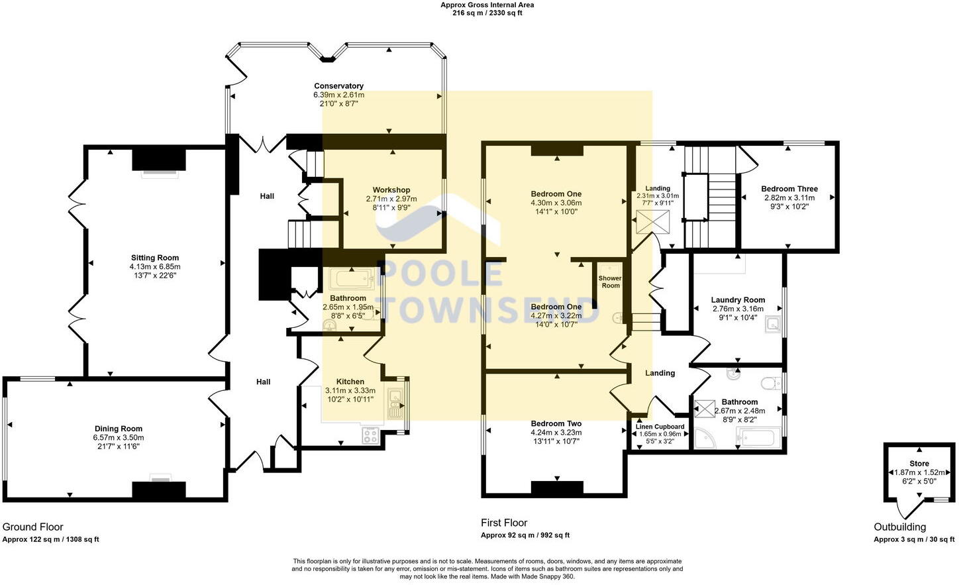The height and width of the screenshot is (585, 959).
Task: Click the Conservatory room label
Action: pyautogui.click(x=338, y=86)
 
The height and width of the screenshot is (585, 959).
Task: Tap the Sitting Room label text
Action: pyautogui.click(x=155, y=258)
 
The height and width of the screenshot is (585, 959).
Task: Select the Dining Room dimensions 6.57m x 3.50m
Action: pyautogui.click(x=119, y=438)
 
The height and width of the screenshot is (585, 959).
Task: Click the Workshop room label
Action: pyautogui.click(x=391, y=190)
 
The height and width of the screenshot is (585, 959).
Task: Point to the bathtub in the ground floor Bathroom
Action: pyautogui.click(x=351, y=279)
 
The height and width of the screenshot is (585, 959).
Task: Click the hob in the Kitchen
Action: pyautogui.click(x=370, y=435)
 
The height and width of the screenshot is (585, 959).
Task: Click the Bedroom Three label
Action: pyautogui.click(x=789, y=189)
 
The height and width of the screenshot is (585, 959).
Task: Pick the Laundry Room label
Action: pyautogui.click(x=738, y=300)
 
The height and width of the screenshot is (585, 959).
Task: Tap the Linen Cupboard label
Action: pyautogui.click(x=660, y=427)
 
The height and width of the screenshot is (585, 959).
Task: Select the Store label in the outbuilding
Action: pyautogui.click(x=919, y=464)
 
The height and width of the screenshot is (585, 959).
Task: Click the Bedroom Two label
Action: pyautogui.click(x=556, y=424)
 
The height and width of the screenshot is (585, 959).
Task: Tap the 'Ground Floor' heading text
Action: pyautogui.click(x=33, y=527)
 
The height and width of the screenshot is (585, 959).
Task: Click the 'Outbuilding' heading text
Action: pyautogui.click(x=899, y=527)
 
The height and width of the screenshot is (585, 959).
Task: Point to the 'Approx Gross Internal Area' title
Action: pyautogui.click(x=487, y=5)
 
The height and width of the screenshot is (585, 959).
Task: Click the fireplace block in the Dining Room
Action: pyautogui.click(x=158, y=490)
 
